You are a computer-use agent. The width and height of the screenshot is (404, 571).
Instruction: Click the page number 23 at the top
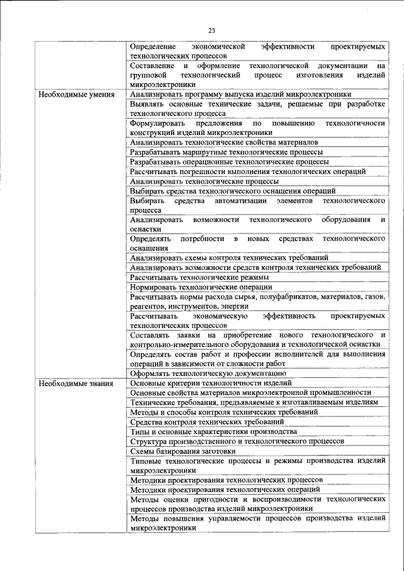(x=211, y=30)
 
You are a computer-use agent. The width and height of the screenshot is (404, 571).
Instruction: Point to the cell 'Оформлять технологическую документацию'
(x=208, y=374)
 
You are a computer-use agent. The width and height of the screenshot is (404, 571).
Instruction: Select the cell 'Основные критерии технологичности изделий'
(x=210, y=383)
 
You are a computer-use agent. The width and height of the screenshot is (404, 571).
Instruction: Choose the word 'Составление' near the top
(x=151, y=66)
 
